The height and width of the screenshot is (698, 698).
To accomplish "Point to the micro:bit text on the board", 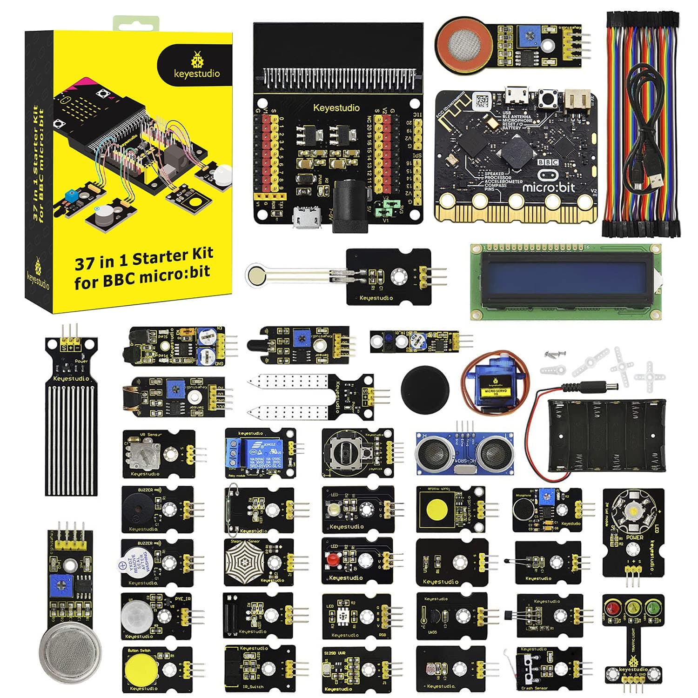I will [549, 188].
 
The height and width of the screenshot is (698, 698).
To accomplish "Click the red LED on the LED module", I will [331, 559].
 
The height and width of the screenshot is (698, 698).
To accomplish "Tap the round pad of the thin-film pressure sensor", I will [255, 275].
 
